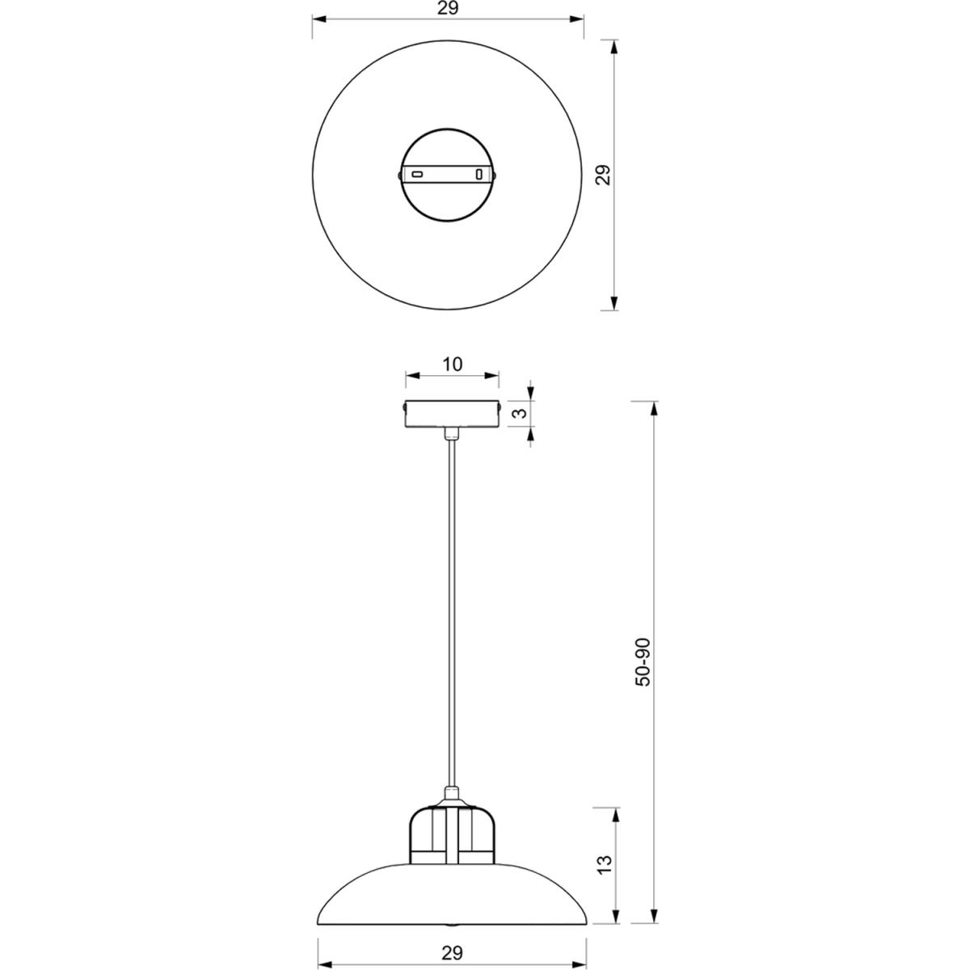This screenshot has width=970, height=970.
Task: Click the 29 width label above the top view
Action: [x=448, y=9]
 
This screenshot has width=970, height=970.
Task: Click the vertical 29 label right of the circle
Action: [x=602, y=175]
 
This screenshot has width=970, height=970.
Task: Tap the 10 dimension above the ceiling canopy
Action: [x=453, y=364]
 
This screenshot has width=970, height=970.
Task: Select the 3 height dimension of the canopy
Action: [x=522, y=413]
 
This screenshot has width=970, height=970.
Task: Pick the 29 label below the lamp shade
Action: [x=452, y=938]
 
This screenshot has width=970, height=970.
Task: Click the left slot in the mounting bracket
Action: [x=417, y=175]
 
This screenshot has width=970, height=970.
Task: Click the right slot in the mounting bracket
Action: [x=479, y=175]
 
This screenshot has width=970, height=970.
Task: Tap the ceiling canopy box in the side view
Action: [x=452, y=413]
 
